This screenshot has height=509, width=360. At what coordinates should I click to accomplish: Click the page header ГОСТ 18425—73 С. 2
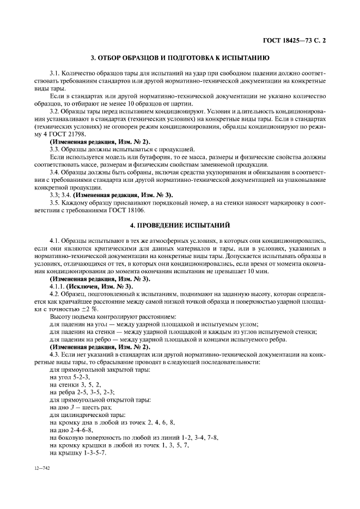pyautogui.click(x=294, y=40)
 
